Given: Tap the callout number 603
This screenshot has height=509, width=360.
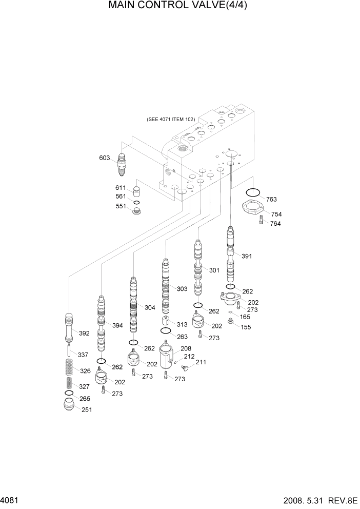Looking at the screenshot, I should [104, 158].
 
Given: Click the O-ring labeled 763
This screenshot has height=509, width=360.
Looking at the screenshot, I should [252, 193].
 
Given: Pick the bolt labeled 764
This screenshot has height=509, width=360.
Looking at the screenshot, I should [262, 222].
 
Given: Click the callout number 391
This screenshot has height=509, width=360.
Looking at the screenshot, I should [247, 256].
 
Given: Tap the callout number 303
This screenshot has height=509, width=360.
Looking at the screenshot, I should [182, 289].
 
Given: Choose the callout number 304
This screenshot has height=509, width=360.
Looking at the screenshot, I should [150, 308].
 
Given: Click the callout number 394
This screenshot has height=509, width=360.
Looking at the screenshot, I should [117, 326].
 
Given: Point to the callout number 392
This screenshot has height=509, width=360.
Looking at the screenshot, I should [84, 333].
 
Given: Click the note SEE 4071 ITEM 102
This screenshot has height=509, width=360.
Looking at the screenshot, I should [171, 119].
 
